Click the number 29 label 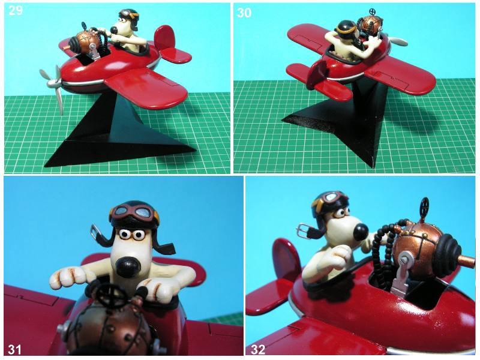point(16,10)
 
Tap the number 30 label point(244,13)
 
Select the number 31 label point(14,350)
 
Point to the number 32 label point(258,349)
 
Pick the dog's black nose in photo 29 point(113,30)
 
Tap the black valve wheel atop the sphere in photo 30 point(373,12)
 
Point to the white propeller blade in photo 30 point(397,41)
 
